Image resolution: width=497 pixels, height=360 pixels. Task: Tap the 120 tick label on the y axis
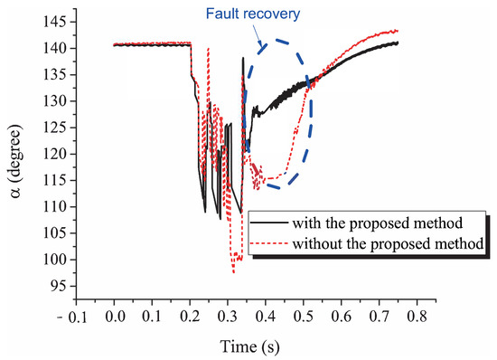click(57, 154)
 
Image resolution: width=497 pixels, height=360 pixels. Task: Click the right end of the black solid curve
click(397, 43)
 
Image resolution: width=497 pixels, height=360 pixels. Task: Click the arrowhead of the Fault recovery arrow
click(259, 46)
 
